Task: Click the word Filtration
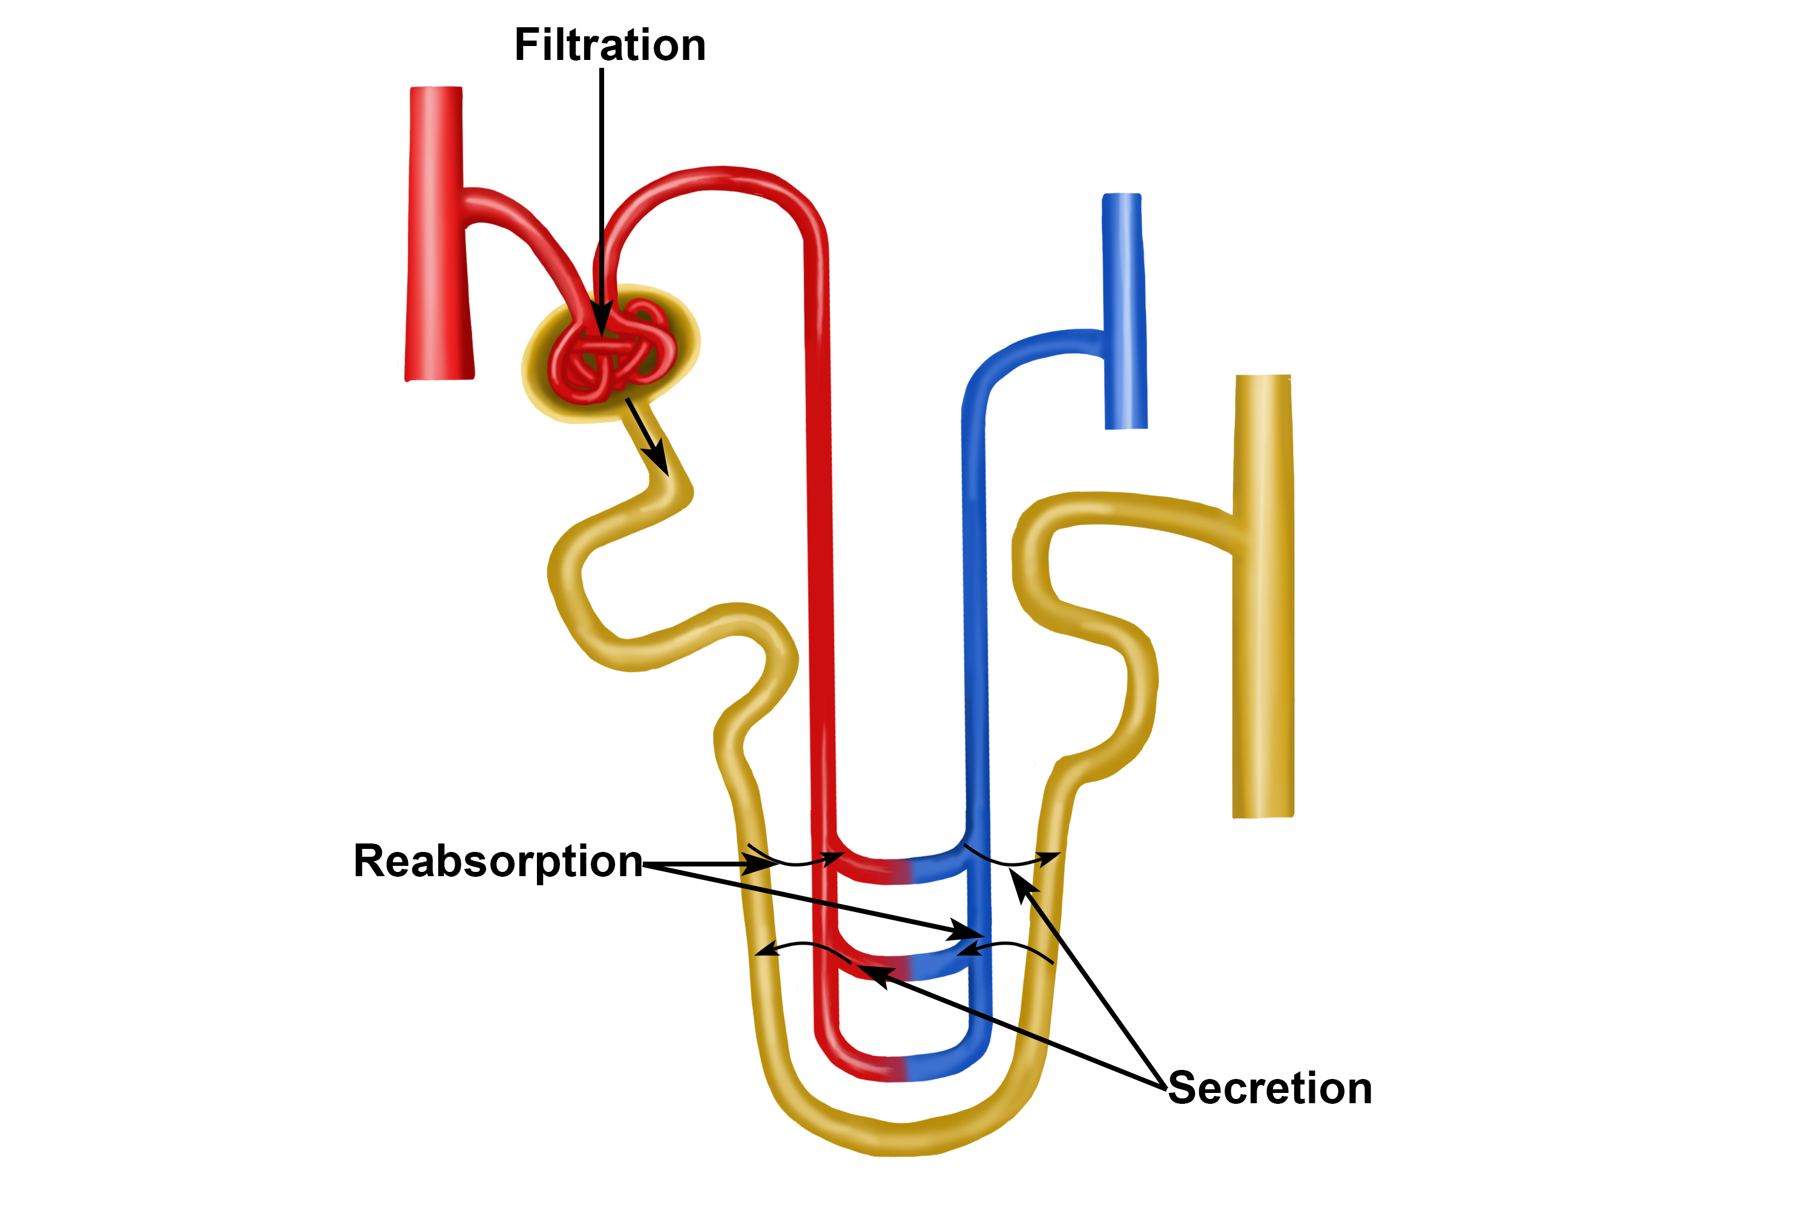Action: (x=610, y=45)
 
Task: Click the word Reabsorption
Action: (x=498, y=862)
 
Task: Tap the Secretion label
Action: (x=1270, y=1089)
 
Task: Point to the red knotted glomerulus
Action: (x=611, y=351)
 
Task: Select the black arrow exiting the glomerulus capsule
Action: (x=647, y=437)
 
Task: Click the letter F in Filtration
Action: (x=527, y=45)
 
